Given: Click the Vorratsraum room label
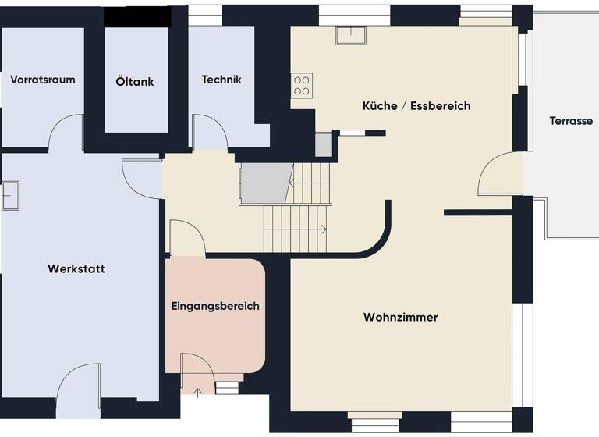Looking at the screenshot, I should point(43,80).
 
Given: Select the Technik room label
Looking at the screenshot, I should point(222,80).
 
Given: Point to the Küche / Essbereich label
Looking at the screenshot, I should point(416,105).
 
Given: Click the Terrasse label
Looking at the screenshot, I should point(571,121).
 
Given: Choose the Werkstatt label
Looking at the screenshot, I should point(76,269).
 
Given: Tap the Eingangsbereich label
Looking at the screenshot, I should point(215,306).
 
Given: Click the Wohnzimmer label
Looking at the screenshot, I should point(400,318).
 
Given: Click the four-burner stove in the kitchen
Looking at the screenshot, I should point(302,85).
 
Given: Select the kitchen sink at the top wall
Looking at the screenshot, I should point(351,34).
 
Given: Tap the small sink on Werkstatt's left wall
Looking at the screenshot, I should point(10,195).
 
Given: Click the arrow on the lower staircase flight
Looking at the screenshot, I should point(324,229).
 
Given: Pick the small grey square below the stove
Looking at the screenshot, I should point(324,144).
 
